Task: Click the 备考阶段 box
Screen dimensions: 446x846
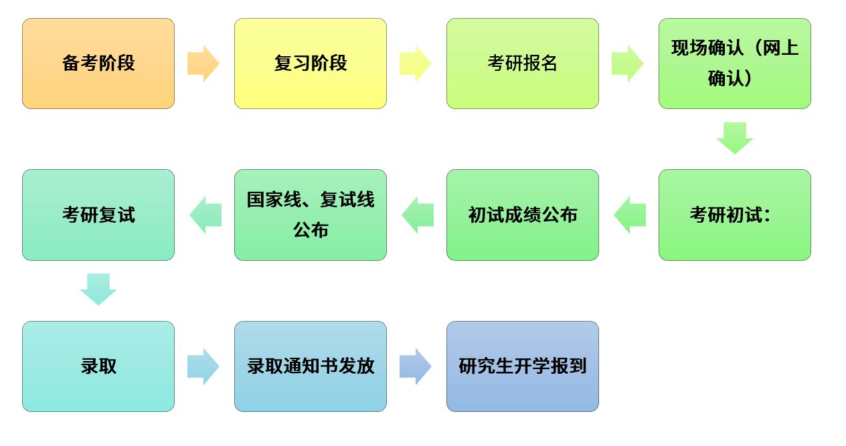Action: click(98, 64)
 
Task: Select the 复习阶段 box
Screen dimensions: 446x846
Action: click(311, 64)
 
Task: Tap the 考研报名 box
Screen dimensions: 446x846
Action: click(523, 64)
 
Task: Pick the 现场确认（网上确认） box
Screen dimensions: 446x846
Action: click(735, 64)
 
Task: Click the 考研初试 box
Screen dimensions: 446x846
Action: click(735, 215)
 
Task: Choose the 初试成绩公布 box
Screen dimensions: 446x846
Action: click(523, 215)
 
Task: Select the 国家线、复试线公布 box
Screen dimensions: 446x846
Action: click(311, 215)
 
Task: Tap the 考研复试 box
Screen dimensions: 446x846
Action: click(98, 215)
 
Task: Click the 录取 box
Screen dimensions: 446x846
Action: click(98, 366)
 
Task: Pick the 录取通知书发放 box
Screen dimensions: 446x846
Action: click(311, 366)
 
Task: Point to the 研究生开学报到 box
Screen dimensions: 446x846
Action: click(523, 366)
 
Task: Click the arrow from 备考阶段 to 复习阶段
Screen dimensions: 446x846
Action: click(203, 64)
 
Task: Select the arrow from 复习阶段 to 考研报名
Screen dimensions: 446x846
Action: click(416, 64)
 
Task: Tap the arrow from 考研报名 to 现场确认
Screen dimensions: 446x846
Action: click(628, 64)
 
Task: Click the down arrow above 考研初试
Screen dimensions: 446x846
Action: click(735, 138)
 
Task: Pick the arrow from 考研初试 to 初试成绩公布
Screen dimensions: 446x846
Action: click(629, 215)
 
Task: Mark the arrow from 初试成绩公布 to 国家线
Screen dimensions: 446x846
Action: click(417, 215)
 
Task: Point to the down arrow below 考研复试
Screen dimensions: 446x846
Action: click(98, 290)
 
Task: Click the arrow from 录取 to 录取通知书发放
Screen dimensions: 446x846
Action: click(203, 366)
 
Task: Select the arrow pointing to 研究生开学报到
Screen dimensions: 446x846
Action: click(416, 366)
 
